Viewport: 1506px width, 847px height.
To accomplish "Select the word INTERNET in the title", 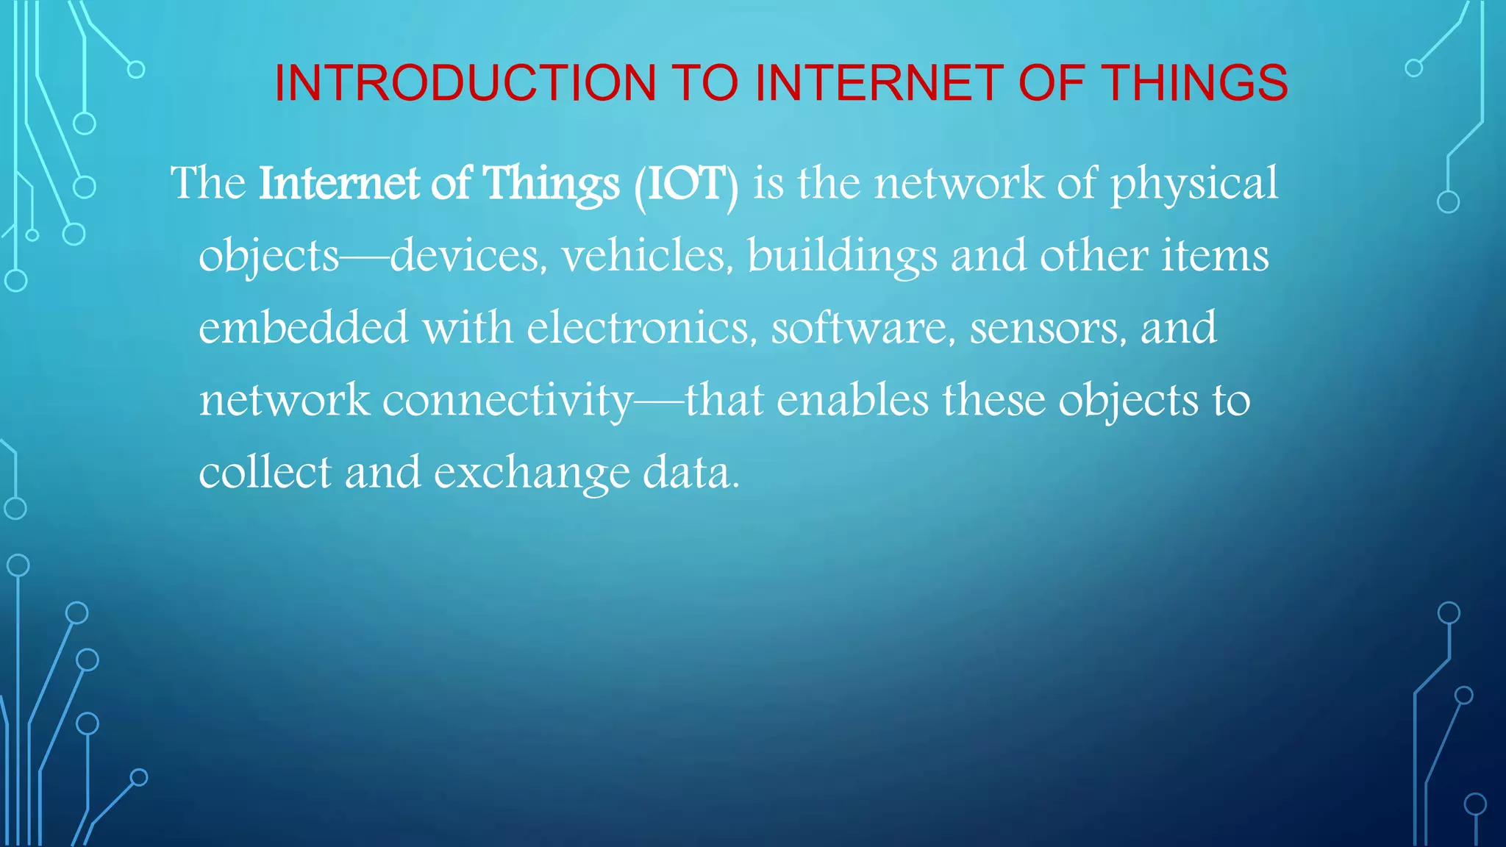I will [x=879, y=82].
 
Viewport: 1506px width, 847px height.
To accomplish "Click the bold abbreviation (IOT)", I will [x=685, y=184].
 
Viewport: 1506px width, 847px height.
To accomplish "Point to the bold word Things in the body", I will [x=551, y=184].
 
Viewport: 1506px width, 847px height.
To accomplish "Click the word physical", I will [x=1194, y=184].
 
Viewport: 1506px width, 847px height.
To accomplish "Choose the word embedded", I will [x=303, y=327].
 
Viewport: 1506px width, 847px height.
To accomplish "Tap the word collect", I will [x=265, y=472].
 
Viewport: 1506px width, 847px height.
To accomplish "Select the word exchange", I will [x=532, y=473].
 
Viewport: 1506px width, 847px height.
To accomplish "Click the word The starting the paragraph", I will [x=208, y=184].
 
